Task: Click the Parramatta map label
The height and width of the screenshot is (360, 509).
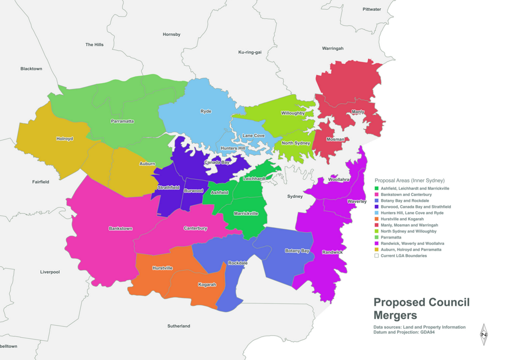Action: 122,121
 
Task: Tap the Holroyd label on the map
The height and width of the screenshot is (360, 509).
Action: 64,139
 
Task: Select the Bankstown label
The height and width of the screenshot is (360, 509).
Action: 121,228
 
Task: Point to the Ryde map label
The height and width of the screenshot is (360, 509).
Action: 206,112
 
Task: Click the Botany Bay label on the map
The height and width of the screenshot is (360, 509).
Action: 297,251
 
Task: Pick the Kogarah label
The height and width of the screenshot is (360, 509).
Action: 207,285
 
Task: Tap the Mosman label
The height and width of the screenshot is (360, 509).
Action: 335,139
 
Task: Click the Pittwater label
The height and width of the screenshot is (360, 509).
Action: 372,9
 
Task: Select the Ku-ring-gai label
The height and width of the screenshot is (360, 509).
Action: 250,52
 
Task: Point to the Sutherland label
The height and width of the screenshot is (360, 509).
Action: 179,326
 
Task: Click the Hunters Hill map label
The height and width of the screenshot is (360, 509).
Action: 232,148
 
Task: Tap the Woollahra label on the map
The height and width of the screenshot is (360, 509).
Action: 339,180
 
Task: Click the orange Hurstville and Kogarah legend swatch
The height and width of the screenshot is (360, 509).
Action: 376,219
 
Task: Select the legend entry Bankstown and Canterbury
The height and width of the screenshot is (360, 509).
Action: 406,195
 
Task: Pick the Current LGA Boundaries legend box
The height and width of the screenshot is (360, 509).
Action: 376,255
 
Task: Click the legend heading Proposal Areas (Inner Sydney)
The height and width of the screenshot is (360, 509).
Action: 409,180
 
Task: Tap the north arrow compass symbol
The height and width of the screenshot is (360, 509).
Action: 483,334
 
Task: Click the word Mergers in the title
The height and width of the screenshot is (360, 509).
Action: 395,315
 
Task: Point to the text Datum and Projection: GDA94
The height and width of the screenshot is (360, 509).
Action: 404,332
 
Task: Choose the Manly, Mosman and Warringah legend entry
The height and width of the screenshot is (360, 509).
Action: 409,225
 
